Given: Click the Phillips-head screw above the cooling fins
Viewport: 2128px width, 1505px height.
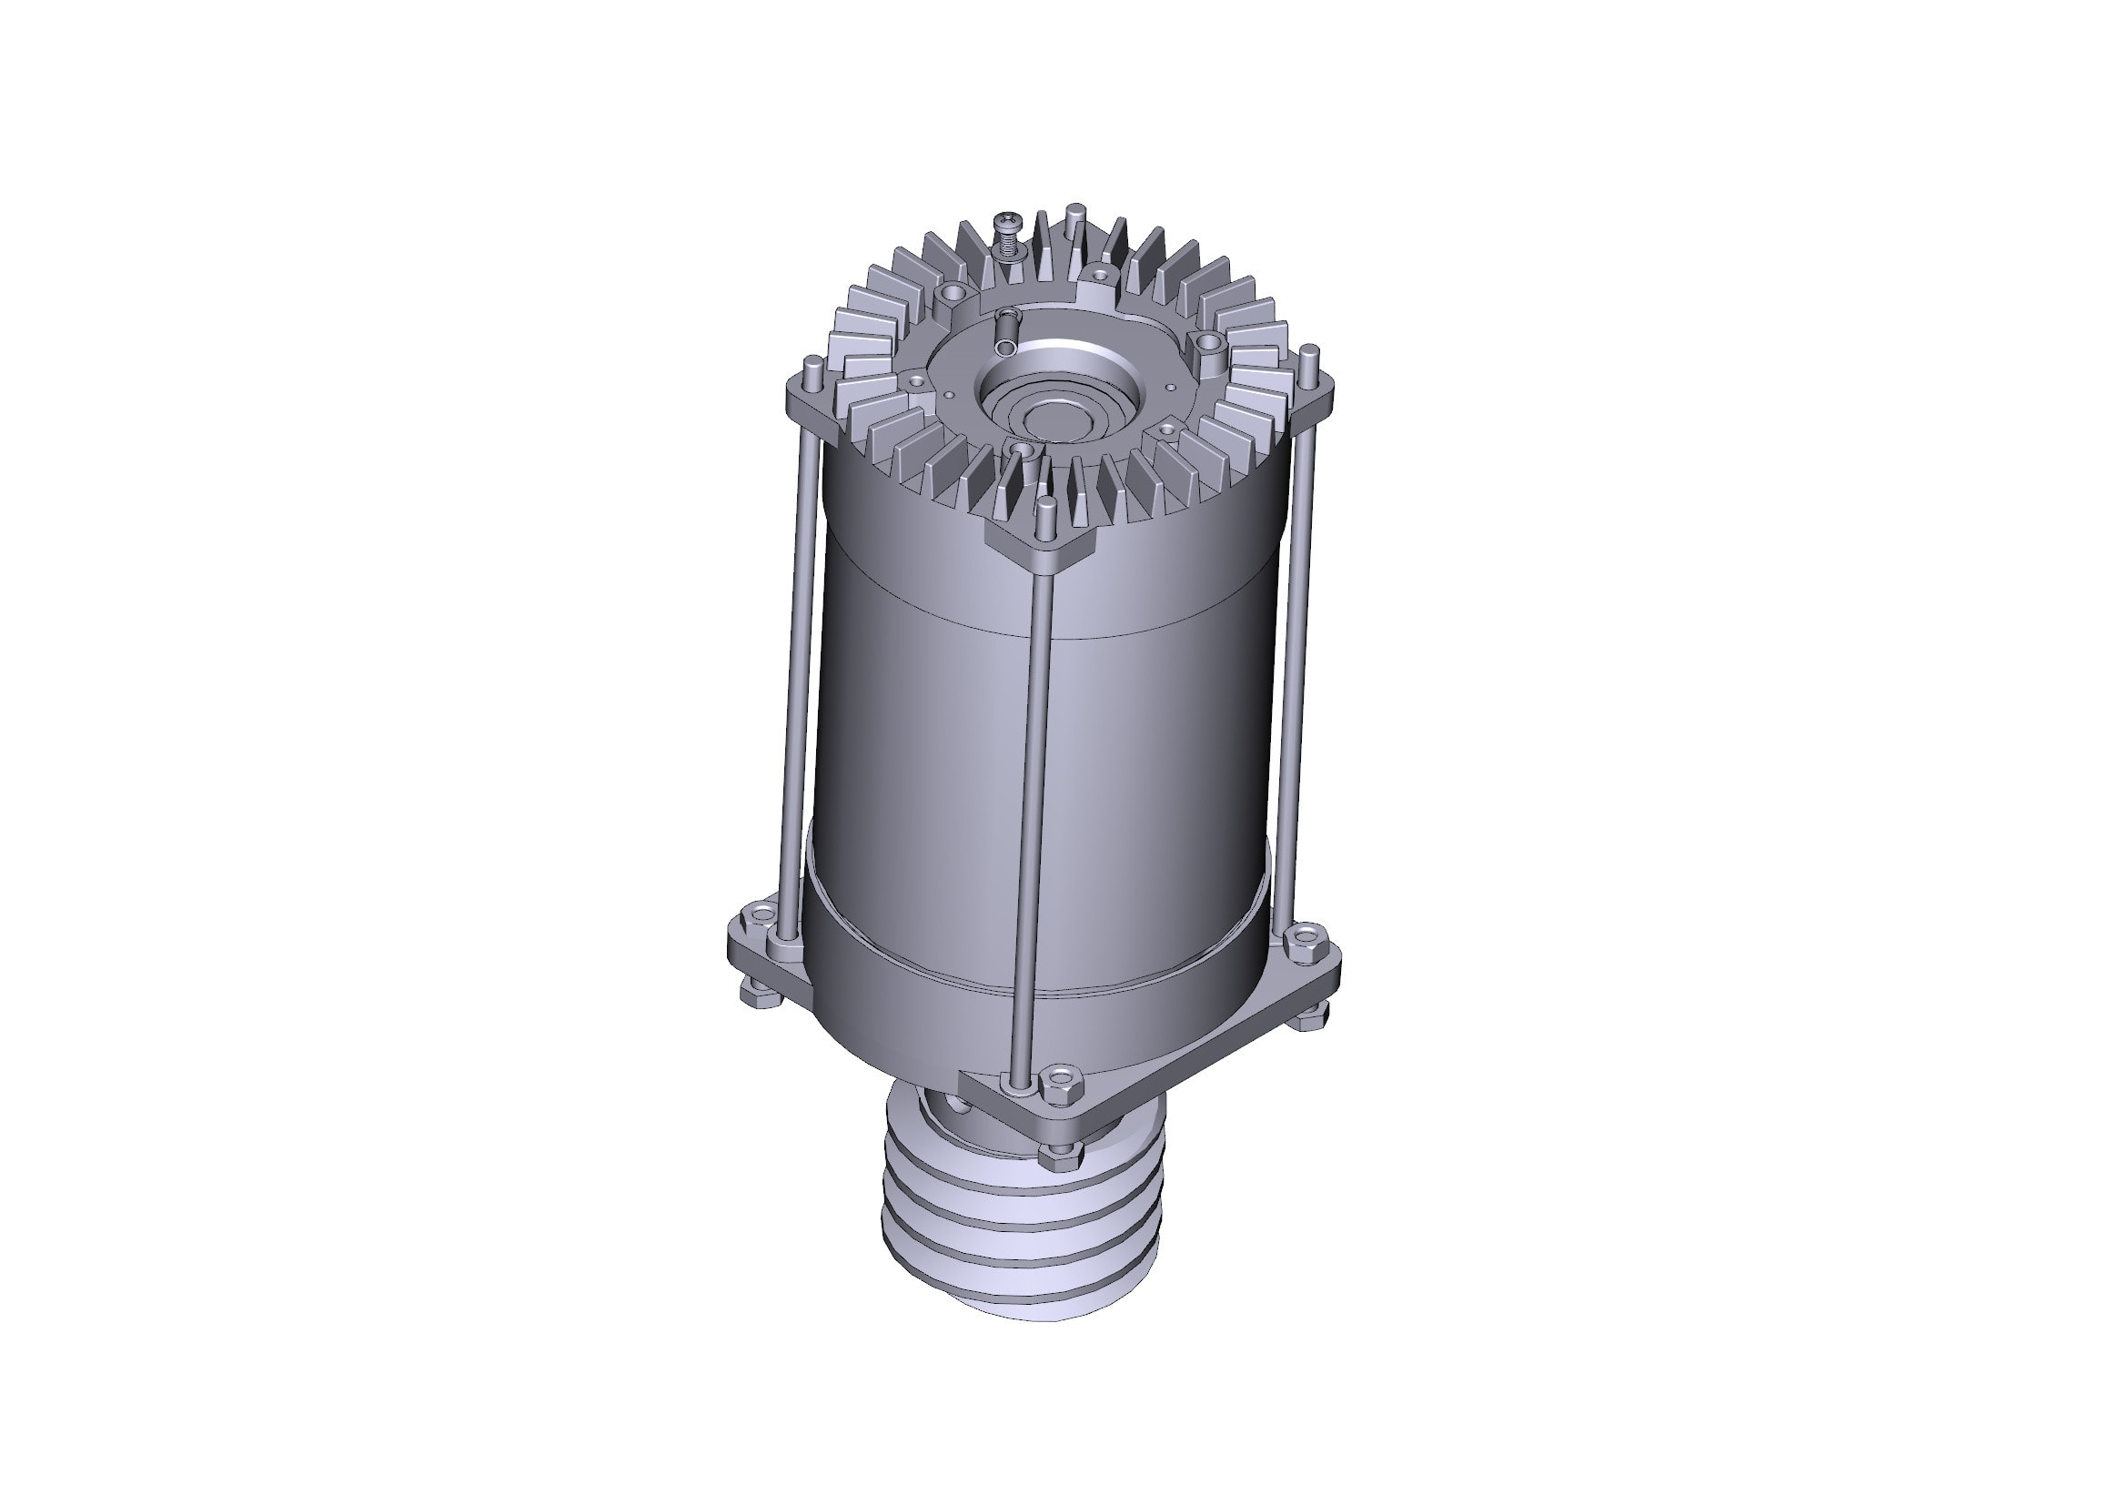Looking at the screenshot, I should point(1007,222).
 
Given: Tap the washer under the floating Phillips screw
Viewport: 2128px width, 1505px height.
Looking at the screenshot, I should point(1009,249).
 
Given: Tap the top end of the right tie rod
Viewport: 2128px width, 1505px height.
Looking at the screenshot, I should point(1309,353).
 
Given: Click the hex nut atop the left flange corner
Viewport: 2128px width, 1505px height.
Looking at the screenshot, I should point(759,916).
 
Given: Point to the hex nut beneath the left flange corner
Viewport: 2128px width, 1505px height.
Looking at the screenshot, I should point(753,996).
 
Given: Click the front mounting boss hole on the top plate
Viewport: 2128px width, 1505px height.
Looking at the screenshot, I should point(1022,451).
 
